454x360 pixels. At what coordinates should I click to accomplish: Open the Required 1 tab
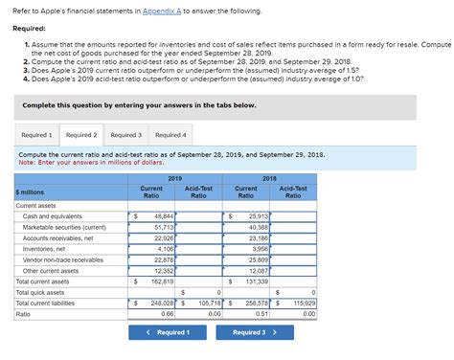(x=37, y=135)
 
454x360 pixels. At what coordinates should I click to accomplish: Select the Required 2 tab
(x=81, y=135)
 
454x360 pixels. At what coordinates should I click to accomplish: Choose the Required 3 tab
(x=125, y=135)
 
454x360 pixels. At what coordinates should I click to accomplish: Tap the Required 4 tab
(x=170, y=135)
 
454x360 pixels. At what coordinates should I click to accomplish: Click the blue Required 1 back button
(x=167, y=332)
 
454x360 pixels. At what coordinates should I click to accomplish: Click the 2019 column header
(x=174, y=179)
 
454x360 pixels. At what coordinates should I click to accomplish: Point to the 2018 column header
(x=269, y=179)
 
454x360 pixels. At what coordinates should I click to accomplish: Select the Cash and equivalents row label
(x=53, y=216)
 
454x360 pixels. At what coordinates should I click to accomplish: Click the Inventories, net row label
(x=45, y=248)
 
